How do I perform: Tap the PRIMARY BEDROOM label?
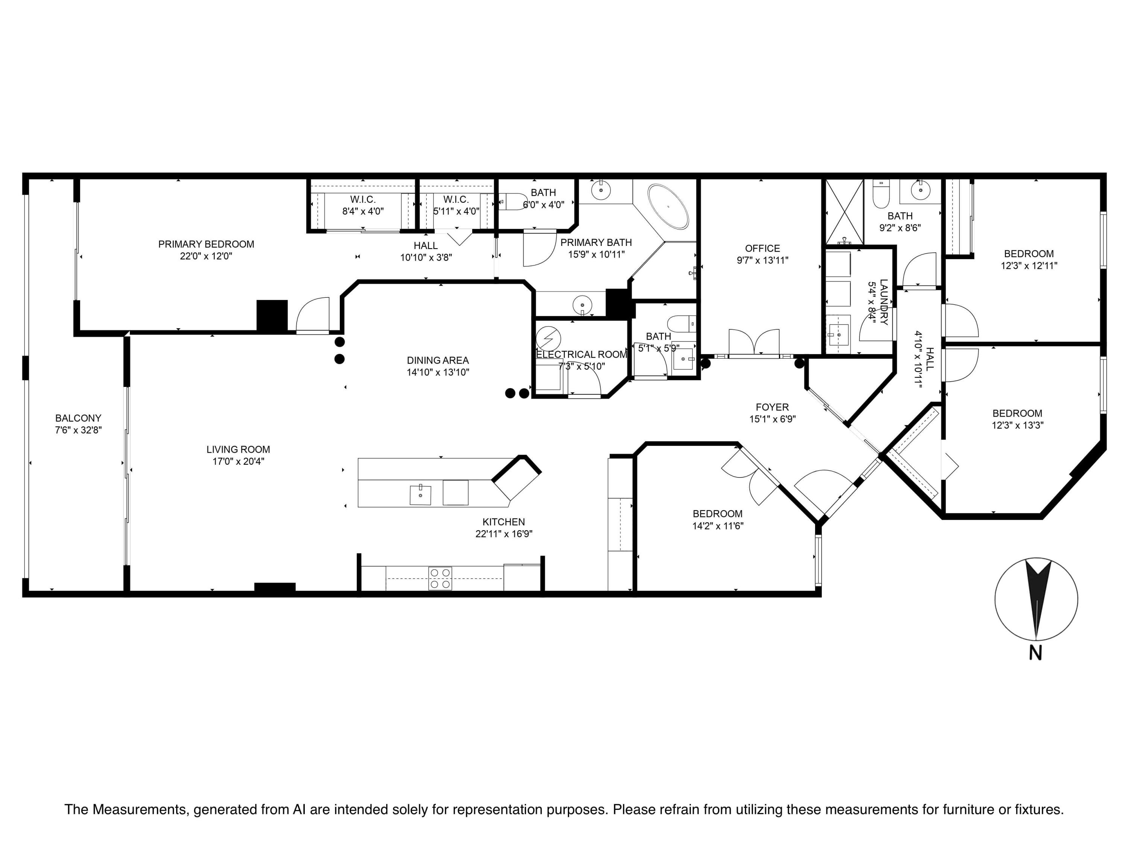coord(206,244)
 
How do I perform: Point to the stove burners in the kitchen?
coord(440,578)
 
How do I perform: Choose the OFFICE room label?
coord(762,248)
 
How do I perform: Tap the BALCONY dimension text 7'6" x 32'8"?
coord(78,430)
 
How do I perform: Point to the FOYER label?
coord(772,407)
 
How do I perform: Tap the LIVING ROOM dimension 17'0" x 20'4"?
coord(238,461)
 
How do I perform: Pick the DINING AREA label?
coord(438,361)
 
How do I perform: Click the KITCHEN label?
coord(504,522)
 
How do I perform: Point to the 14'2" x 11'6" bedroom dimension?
coord(718,526)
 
